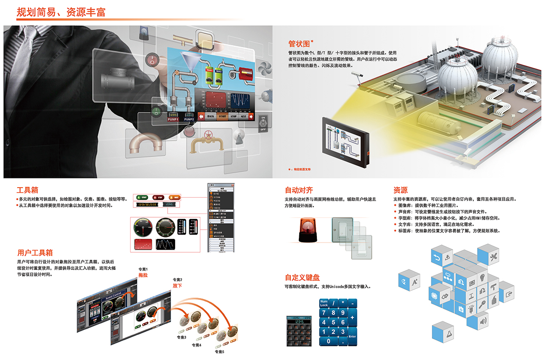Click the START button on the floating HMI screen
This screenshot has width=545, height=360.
click(x=222, y=116)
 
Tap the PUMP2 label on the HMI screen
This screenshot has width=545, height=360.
click(x=189, y=120)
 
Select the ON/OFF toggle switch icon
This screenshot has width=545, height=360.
click(x=263, y=123)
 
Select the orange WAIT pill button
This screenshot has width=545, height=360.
click(x=174, y=197)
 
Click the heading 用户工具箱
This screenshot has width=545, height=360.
click(x=35, y=253)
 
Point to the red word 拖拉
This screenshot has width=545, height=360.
click(x=143, y=275)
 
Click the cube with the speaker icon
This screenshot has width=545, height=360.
click(x=483, y=320)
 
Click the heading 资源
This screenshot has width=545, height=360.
click(x=400, y=190)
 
